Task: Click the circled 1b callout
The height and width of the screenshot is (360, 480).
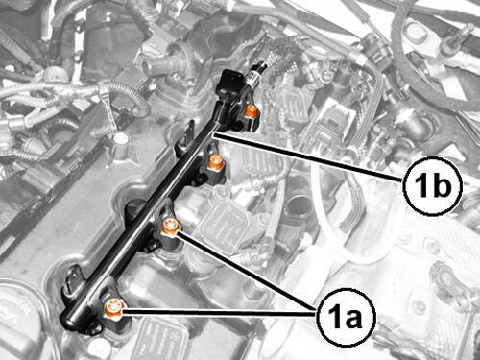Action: [x=432, y=185]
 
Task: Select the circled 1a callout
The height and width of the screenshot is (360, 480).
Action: [x=346, y=317]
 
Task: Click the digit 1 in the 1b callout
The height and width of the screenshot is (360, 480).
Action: [x=419, y=184]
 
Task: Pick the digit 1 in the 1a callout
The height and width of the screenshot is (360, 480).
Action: [x=332, y=317]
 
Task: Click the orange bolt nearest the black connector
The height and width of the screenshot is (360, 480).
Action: [x=251, y=110]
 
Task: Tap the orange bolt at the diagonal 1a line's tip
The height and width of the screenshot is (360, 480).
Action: [x=169, y=228]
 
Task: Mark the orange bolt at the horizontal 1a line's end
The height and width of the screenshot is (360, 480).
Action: [x=113, y=308]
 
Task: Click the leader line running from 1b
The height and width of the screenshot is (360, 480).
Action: [x=308, y=157]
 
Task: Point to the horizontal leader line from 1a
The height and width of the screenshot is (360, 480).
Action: [x=219, y=312]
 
